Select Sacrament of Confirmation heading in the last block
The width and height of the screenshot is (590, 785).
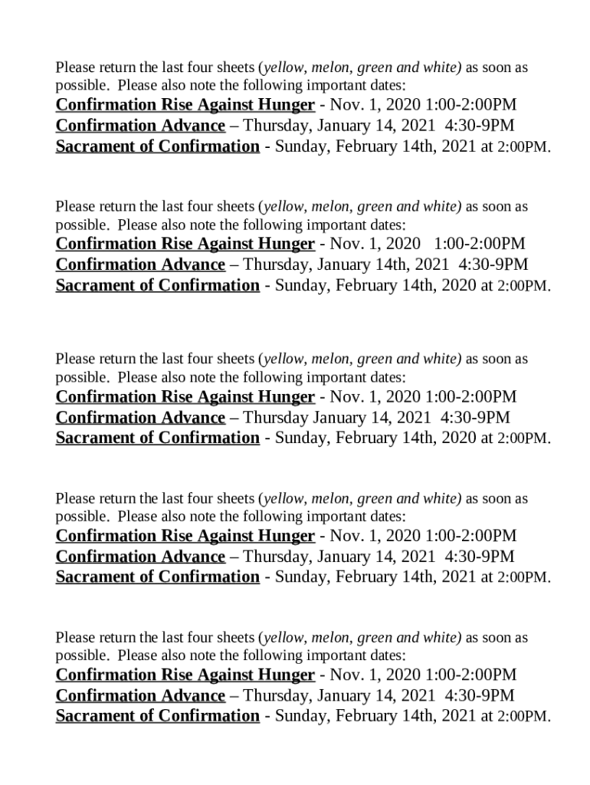point(157,716)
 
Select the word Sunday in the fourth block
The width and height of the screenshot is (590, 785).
point(299,577)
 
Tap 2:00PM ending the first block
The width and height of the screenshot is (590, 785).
point(524,147)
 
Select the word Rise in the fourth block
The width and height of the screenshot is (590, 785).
point(176,535)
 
